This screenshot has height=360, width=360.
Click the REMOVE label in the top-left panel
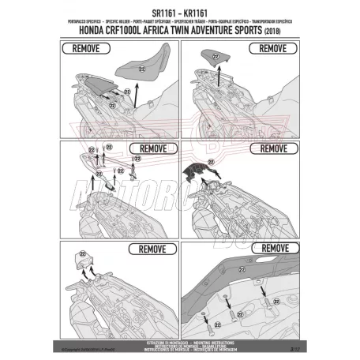pos(83,48)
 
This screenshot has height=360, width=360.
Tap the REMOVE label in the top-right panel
pos(272,48)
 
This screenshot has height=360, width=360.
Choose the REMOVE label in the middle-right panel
pos(272,147)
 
